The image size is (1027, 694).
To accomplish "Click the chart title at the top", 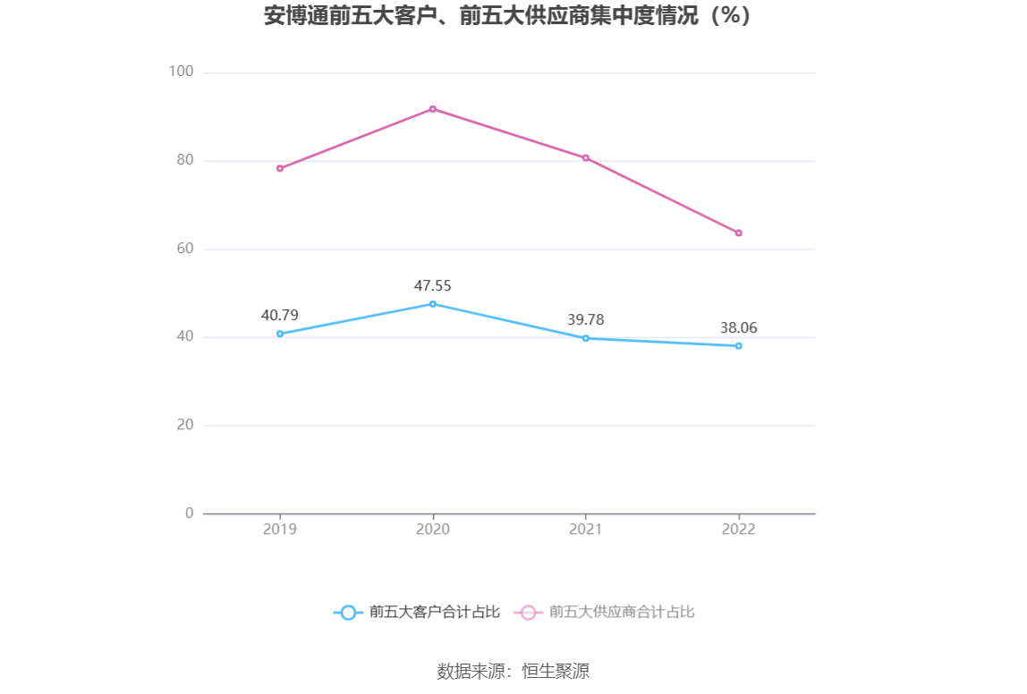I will tap(507, 16).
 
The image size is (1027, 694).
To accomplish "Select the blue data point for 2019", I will tap(280, 334).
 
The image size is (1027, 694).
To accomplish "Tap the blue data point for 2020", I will tap(433, 304).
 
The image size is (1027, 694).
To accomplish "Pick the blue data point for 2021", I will tap(586, 338).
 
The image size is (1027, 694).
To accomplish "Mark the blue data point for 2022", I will tap(739, 345).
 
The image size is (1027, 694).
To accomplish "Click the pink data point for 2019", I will tap(280, 168).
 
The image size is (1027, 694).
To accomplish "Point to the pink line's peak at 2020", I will tap(433, 109).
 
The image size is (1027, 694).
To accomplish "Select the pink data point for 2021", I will tap(586, 157).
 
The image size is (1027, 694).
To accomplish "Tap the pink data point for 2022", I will tap(739, 233).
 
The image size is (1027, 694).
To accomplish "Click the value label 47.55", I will tap(433, 286).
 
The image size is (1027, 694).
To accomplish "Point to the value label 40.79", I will tap(280, 315).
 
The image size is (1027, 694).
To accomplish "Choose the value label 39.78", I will tap(586, 320).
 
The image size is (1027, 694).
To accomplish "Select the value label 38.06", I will tap(739, 328).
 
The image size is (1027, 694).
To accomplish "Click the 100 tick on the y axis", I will tap(182, 72).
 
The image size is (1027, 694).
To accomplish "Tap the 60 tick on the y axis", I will tap(184, 249).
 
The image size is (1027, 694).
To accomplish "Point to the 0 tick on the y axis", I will tap(189, 512).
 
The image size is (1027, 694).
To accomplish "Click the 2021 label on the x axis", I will tap(586, 529).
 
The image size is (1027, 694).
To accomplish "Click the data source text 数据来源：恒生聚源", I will tap(513, 672).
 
